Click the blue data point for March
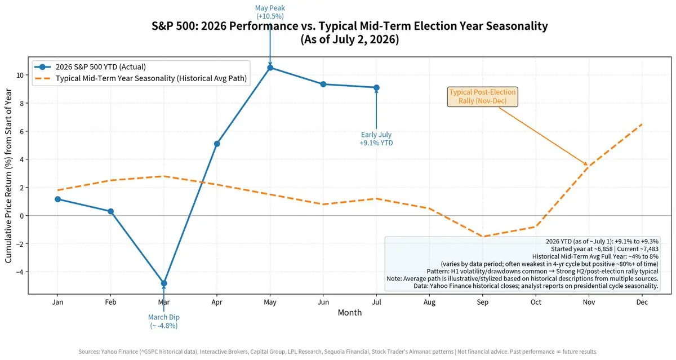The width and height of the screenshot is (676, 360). click(x=163, y=283)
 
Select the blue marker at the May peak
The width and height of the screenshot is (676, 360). click(x=270, y=68)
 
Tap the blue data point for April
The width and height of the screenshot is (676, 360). click(x=217, y=144)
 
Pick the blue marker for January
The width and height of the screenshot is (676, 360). click(x=57, y=199)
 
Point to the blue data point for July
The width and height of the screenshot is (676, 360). click(x=376, y=87)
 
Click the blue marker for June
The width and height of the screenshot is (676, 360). click(x=323, y=84)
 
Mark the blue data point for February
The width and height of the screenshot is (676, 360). click(x=111, y=211)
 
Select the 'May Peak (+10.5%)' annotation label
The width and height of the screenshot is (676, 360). click(x=270, y=12)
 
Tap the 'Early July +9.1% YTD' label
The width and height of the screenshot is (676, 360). click(x=376, y=139)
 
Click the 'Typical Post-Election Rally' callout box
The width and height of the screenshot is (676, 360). click(x=482, y=96)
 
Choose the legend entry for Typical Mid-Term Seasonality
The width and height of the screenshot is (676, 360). click(x=141, y=78)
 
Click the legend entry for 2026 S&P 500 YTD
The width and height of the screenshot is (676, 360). click(x=90, y=66)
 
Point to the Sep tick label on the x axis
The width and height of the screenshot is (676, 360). click(x=483, y=302)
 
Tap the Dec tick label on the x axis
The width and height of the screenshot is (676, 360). click(x=642, y=302)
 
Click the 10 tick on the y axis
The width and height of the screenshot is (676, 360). click(x=20, y=75)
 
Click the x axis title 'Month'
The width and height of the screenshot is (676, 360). click(x=349, y=312)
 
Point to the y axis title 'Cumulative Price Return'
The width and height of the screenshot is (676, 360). click(x=8, y=175)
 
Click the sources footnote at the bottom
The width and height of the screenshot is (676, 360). click(x=337, y=352)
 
